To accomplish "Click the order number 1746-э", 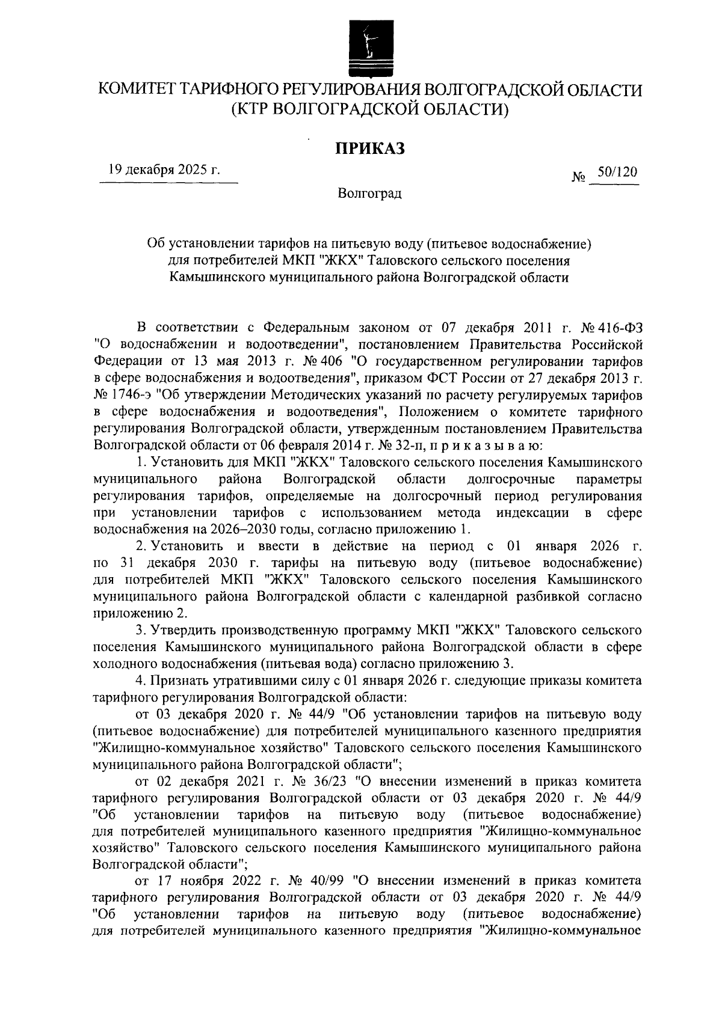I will [129, 396].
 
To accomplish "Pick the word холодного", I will [126, 664].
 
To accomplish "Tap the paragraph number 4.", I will [141, 681].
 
